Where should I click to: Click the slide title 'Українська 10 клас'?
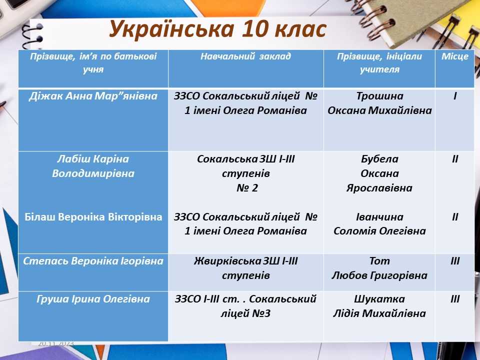coord(217,29)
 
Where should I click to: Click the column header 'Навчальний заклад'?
coord(245,56)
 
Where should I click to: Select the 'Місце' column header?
coord(455,56)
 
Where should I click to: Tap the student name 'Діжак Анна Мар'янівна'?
coord(93,96)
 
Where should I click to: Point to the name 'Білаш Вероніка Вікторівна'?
coord(93,216)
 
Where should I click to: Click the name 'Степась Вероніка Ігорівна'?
coord(93,261)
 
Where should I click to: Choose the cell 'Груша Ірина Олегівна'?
coord(93,299)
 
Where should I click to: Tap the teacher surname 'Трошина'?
coord(379,96)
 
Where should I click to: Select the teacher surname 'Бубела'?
coord(379,159)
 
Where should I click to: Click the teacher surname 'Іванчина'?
coord(379,216)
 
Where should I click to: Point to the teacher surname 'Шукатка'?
coord(379,299)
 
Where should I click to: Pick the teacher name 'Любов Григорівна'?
coord(379,275)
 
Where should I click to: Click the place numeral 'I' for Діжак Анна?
coord(455,96)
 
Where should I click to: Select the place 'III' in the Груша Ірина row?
coord(455,299)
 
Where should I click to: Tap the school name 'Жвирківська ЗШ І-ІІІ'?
coord(245,261)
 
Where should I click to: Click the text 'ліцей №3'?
coord(245,313)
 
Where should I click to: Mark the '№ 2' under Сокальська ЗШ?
coord(247,188)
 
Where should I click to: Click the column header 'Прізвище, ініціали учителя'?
coord(379,63)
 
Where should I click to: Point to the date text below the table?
coord(56,344)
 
